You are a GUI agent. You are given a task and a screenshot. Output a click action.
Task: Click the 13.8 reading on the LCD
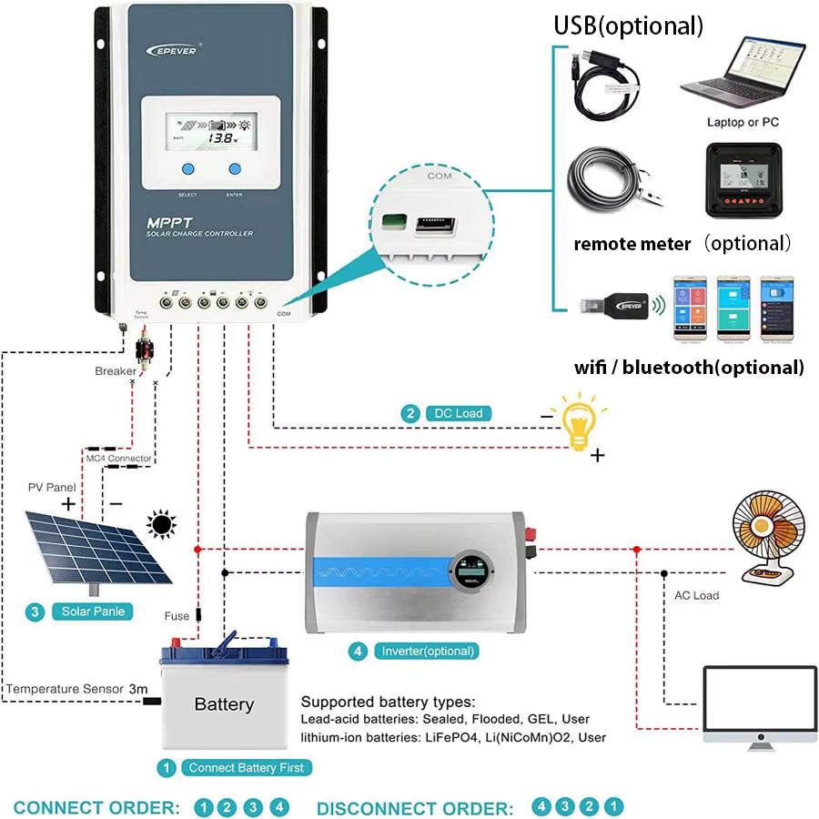[219, 138]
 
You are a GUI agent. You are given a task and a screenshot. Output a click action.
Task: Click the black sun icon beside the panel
[162, 525]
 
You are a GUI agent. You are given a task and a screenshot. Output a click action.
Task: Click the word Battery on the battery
[224, 704]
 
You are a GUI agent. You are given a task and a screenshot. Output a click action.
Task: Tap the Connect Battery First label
[247, 767]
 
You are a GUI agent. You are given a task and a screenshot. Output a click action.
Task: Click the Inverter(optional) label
[429, 652]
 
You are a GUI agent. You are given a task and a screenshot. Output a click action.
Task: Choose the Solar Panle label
[93, 612]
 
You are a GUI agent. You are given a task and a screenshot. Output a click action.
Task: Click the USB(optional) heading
[629, 25]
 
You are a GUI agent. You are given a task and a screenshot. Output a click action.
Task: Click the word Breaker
[116, 371]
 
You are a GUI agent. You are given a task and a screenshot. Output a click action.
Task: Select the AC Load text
[696, 595]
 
